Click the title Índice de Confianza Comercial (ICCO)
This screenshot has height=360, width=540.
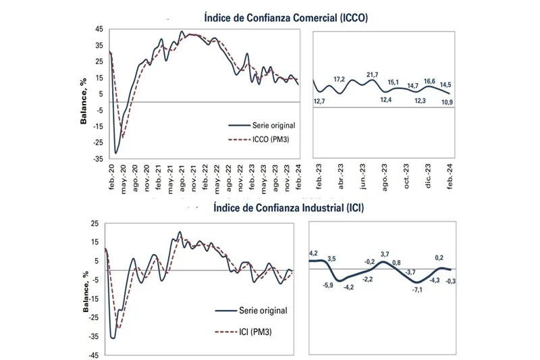point(284,18)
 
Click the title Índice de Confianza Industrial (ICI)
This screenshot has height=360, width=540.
point(288,208)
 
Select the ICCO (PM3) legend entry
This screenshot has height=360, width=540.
point(265,140)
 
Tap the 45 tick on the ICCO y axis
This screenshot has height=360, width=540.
point(99,30)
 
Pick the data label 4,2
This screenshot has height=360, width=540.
point(314,253)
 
